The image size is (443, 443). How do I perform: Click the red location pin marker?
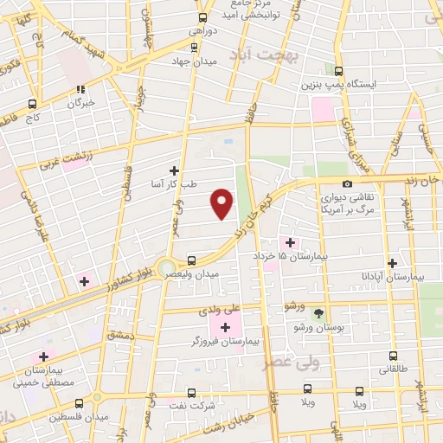(222, 202)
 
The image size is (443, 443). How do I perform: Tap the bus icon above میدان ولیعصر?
(191, 260)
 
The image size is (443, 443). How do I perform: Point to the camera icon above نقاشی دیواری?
(347, 183)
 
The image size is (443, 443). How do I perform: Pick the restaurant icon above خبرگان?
(80, 89)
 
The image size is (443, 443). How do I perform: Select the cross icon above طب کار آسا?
(175, 170)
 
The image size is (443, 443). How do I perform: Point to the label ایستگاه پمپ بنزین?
(341, 86)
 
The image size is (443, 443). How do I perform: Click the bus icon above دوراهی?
(202, 16)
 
